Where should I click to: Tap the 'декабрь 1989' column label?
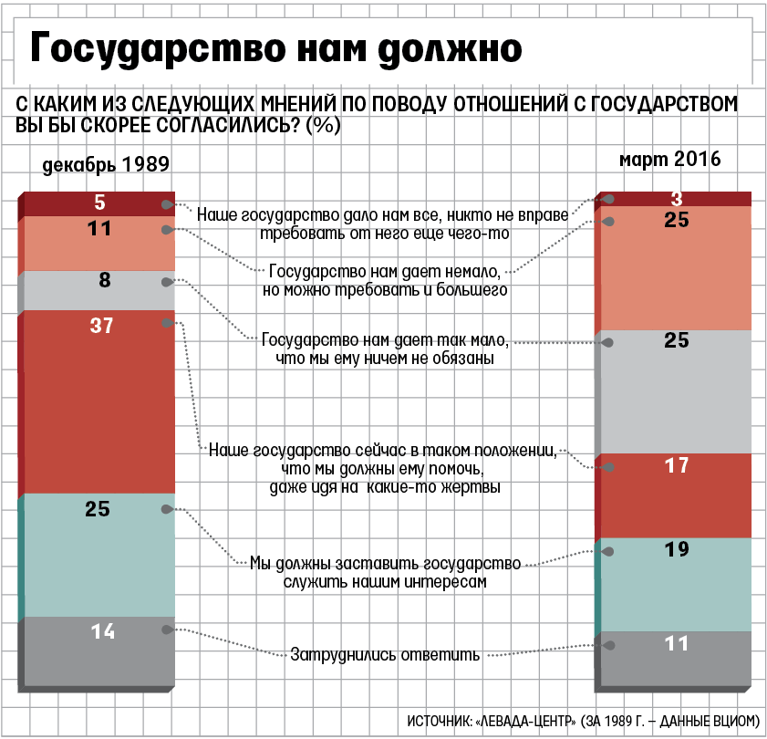(x=106, y=165)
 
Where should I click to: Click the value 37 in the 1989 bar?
(x=101, y=325)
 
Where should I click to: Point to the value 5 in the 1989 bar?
(x=100, y=203)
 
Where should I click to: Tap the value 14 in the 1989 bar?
(x=103, y=630)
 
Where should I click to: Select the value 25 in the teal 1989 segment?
(x=98, y=510)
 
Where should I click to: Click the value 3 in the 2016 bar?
(x=676, y=198)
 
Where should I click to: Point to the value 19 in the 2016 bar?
(x=676, y=550)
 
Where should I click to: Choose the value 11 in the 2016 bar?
(x=676, y=643)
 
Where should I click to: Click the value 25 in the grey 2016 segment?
(x=676, y=341)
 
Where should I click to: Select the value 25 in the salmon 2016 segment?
(x=676, y=220)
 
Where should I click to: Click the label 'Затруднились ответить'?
(x=385, y=653)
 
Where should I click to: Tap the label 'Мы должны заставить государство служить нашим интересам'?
(x=384, y=572)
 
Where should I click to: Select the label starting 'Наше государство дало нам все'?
(x=382, y=224)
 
